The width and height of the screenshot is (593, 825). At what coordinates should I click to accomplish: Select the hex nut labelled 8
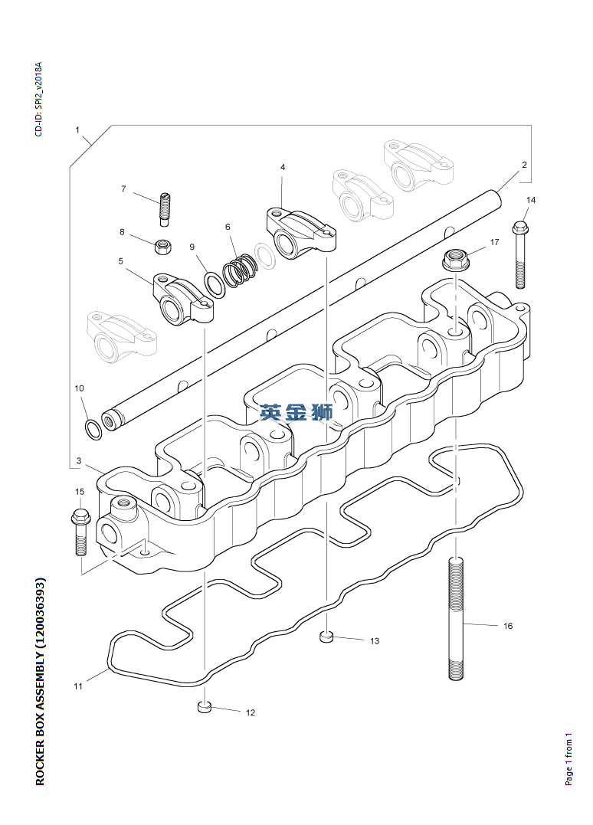(164, 246)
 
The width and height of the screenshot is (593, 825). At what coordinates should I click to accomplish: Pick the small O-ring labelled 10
(93, 429)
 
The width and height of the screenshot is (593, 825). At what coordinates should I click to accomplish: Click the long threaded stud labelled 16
(457, 619)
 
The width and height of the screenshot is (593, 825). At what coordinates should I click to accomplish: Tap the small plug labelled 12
(205, 707)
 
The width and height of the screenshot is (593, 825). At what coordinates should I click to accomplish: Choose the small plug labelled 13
(326, 637)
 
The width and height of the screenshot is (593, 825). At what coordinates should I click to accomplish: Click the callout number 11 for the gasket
(78, 686)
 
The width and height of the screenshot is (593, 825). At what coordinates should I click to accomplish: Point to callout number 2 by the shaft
(524, 165)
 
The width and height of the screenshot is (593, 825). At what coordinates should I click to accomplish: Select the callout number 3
(78, 461)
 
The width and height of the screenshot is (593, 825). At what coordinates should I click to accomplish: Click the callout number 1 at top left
(77, 129)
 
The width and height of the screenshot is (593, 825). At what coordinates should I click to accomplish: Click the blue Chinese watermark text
(296, 412)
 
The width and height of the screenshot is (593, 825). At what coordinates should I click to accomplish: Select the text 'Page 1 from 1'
(568, 759)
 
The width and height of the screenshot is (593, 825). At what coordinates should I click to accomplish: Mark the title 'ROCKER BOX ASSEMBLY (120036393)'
(41, 682)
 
